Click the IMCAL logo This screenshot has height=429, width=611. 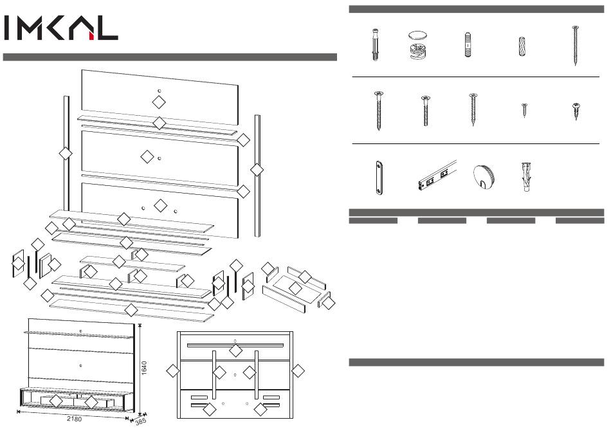[61, 28]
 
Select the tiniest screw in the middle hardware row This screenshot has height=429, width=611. [524, 109]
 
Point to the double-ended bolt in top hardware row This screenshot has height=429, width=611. [469, 46]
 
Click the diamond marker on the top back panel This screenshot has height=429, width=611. [159, 102]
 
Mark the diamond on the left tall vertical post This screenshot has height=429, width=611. [64, 153]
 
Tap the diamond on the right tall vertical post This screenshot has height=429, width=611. [257, 170]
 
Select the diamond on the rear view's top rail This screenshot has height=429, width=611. [237, 351]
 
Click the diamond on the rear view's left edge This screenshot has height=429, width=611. [172, 370]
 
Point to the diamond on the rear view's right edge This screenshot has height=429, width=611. [297, 370]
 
